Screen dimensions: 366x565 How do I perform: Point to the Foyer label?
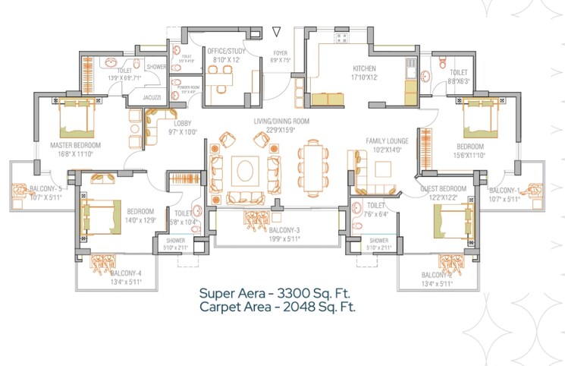tap(281, 53)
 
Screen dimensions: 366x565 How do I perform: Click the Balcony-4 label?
tap(126, 273)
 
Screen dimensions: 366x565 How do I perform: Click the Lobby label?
tap(183, 123)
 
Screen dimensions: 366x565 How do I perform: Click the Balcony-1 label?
tap(504, 191)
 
